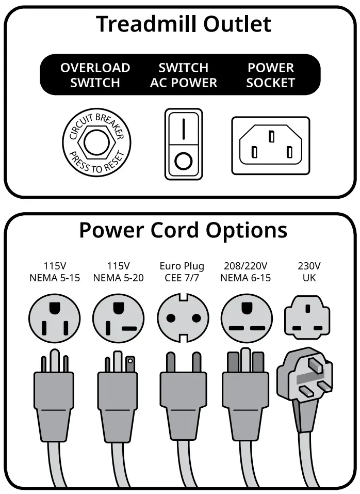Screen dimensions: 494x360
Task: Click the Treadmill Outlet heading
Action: coord(183,24)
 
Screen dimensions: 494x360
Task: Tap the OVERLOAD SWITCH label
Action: coord(95,75)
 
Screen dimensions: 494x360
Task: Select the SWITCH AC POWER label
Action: coord(184,75)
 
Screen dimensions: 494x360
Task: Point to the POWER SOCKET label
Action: coord(270,75)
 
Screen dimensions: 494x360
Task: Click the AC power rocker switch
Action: coord(184,144)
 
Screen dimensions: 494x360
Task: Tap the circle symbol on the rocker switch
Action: coord(183,161)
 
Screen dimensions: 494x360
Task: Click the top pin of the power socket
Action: coord(271,136)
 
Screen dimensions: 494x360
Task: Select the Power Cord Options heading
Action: coord(183,230)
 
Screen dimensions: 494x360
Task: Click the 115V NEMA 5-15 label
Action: coord(55,272)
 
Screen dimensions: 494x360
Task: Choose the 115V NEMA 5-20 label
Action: coord(118,272)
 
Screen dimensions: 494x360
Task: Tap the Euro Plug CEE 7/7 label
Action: coord(182,272)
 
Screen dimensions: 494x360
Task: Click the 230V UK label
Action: coord(308,272)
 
